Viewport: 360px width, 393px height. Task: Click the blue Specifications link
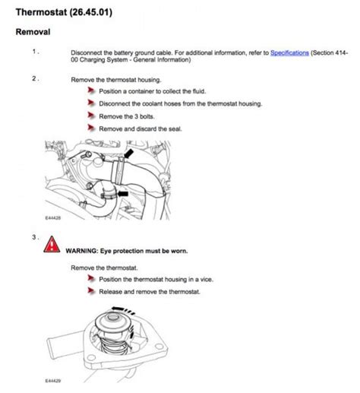pyautogui.click(x=289, y=53)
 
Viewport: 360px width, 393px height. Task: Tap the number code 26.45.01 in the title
pyautogui.click(x=91, y=12)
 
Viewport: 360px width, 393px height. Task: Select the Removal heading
pyautogui.click(x=33, y=32)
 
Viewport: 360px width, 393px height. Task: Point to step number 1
pyautogui.click(x=34, y=52)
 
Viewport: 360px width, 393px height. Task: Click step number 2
pyautogui.click(x=34, y=78)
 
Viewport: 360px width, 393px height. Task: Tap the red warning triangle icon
pyautogui.click(x=52, y=245)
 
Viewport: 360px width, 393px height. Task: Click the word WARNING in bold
pyautogui.click(x=81, y=251)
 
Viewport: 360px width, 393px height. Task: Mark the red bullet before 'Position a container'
pyautogui.click(x=91, y=90)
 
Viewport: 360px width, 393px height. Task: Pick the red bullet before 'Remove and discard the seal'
pyautogui.click(x=91, y=128)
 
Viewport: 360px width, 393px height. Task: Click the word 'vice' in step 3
pyautogui.click(x=207, y=279)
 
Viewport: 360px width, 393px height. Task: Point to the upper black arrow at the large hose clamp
pyautogui.click(x=128, y=154)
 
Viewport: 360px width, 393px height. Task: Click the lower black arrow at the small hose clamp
pyautogui.click(x=123, y=194)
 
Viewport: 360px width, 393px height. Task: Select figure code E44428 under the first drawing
pyautogui.click(x=53, y=217)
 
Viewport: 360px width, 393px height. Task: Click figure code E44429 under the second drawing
pyautogui.click(x=53, y=381)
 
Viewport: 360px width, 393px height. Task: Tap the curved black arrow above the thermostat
pyautogui.click(x=123, y=309)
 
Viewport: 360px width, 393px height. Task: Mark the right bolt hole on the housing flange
pyautogui.click(x=159, y=346)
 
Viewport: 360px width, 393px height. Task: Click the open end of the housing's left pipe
pyautogui.click(x=50, y=348)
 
